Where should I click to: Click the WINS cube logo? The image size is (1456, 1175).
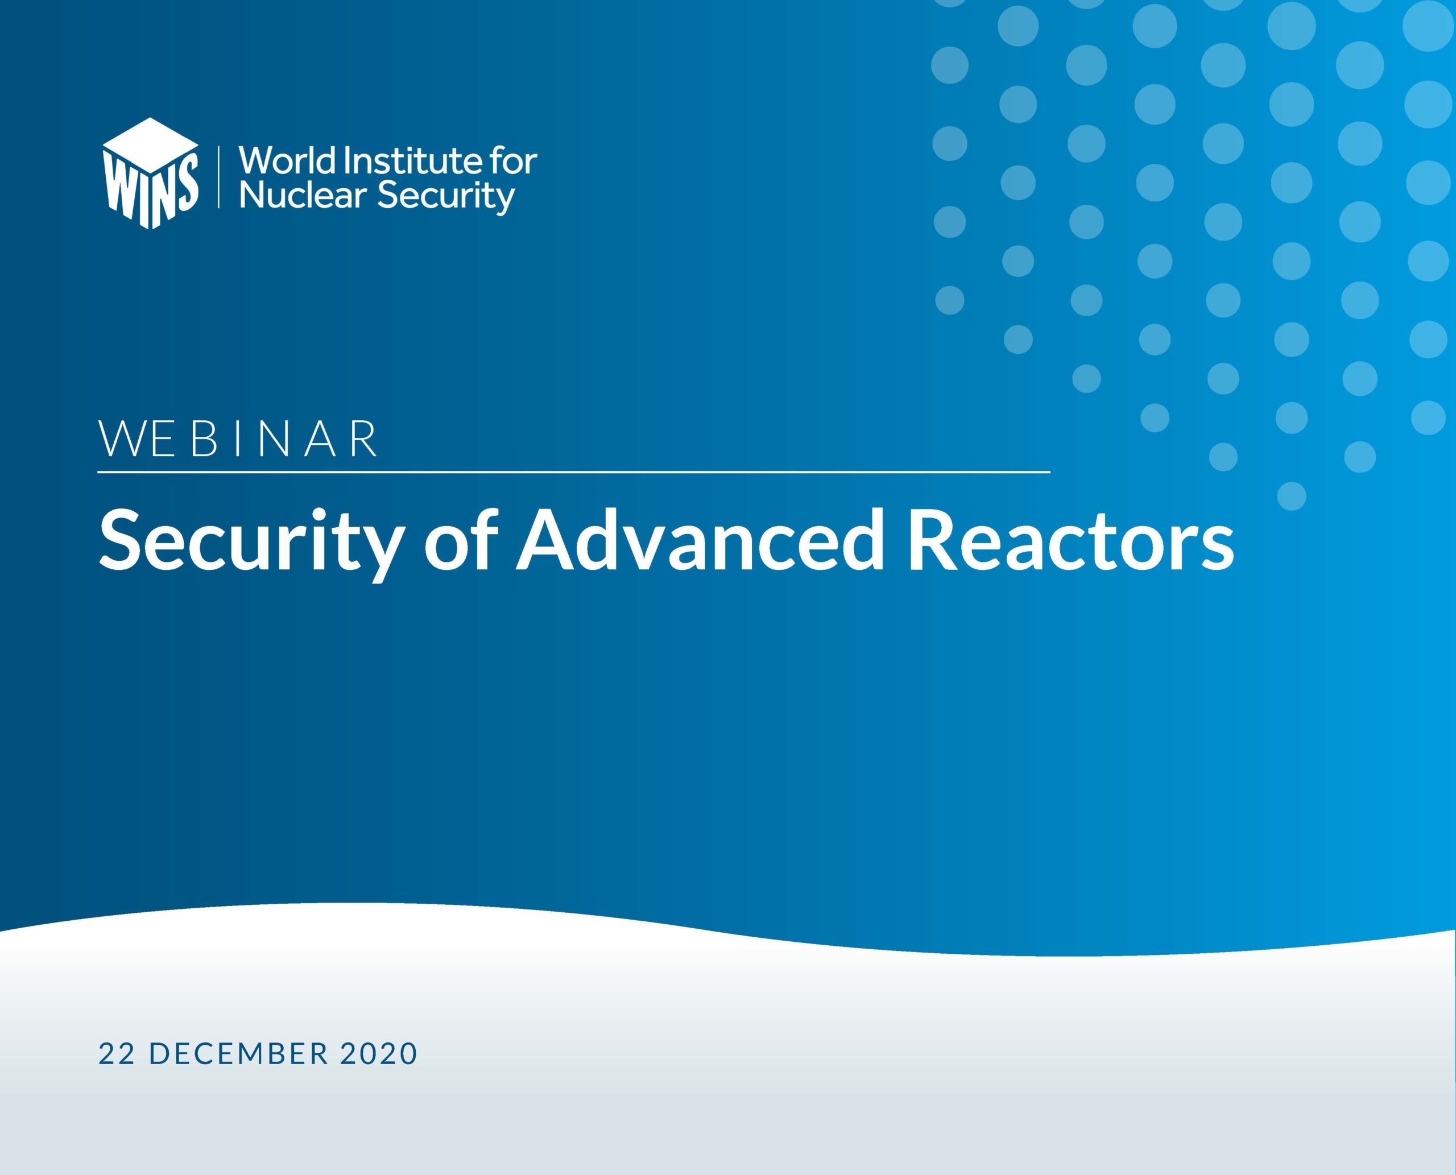[150, 173]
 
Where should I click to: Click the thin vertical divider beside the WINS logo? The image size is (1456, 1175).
[218, 176]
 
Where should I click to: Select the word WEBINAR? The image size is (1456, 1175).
[238, 439]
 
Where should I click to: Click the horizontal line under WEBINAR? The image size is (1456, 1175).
[574, 471]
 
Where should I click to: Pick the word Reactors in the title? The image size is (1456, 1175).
[1071, 541]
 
